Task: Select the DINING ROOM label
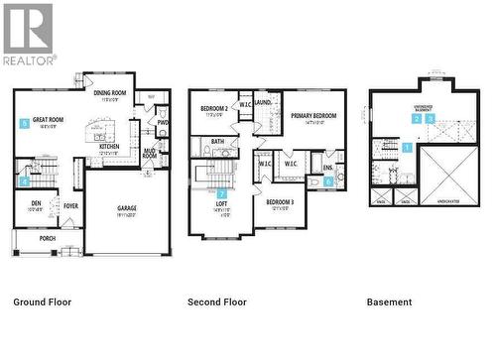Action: pyautogui.click(x=110, y=94)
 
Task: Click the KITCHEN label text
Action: pyautogui.click(x=109, y=146)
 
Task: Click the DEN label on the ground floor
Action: pyautogui.click(x=36, y=203)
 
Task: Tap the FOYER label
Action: pyautogui.click(x=70, y=206)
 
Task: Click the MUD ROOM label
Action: pyautogui.click(x=149, y=153)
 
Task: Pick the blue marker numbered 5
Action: pyautogui.click(x=23, y=124)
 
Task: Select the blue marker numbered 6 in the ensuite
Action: pyautogui.click(x=328, y=181)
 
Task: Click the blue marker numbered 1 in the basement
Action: pyautogui.click(x=407, y=147)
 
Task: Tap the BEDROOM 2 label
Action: pyautogui.click(x=215, y=108)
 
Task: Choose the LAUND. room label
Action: pyautogui.click(x=263, y=102)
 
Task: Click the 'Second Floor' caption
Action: pyautogui.click(x=217, y=301)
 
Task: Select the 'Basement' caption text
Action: pyautogui.click(x=389, y=301)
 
